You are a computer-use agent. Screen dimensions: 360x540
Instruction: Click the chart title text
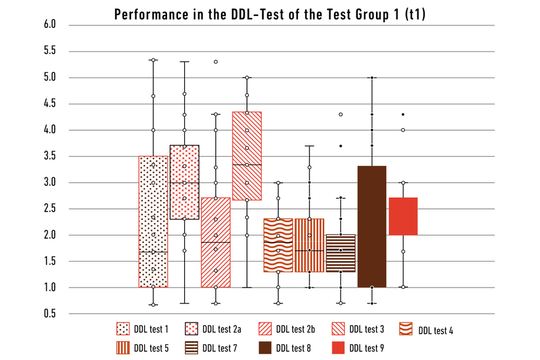269,15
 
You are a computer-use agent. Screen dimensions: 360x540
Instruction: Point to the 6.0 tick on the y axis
50,25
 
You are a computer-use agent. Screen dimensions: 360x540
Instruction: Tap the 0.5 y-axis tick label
50,314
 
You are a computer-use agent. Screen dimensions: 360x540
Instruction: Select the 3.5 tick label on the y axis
50,156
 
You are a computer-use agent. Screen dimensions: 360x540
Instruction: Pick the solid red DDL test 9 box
403,217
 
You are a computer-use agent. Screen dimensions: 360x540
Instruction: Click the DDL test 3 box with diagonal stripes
247,156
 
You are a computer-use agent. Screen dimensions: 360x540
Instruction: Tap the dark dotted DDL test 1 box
153,222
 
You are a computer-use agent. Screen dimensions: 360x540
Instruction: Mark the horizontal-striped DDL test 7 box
341,253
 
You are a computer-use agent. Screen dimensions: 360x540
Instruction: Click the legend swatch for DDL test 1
124,329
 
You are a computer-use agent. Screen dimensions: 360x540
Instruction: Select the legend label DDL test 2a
222,329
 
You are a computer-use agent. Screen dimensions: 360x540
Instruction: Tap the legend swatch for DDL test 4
406,329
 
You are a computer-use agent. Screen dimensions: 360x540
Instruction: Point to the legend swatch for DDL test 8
267,347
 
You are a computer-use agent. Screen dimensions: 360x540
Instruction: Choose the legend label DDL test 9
367,347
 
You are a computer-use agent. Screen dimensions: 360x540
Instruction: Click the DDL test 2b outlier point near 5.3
216,62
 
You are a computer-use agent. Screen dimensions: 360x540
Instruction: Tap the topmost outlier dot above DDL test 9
403,114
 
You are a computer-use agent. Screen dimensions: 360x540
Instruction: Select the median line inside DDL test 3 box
247,164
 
